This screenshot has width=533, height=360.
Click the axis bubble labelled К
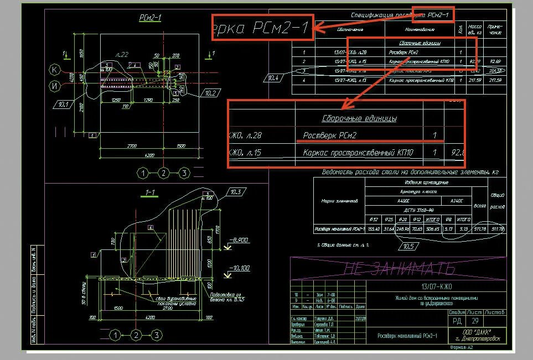click(54, 70)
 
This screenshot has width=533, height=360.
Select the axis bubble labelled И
click(54, 86)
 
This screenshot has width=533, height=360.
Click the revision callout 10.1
click(62, 103)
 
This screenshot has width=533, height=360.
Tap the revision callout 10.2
click(209, 93)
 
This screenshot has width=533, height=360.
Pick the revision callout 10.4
click(273, 78)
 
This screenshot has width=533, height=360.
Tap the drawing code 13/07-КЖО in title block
click(436, 286)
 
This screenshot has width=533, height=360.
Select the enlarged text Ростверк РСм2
click(330, 135)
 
